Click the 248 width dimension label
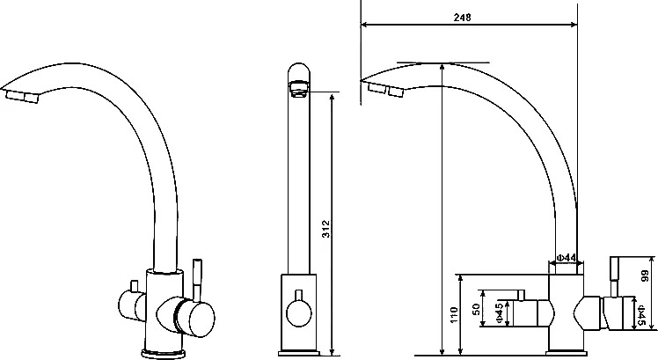click(x=462, y=18)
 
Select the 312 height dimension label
click(x=326, y=229)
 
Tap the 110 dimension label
click(x=453, y=314)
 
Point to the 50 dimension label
click(x=476, y=310)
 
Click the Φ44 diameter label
click(x=566, y=258)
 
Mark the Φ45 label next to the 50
click(x=500, y=313)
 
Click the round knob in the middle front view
click(x=299, y=314)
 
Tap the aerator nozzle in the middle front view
click(x=299, y=89)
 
